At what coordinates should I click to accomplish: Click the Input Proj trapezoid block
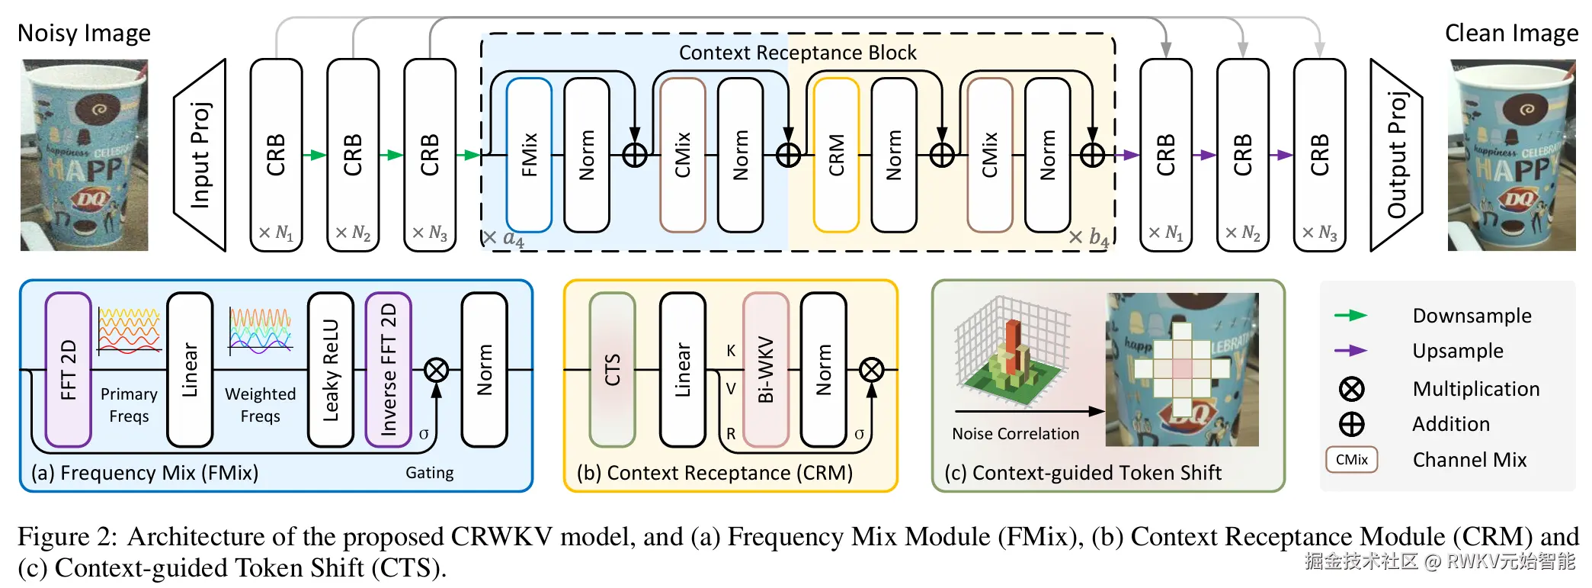coord(200,155)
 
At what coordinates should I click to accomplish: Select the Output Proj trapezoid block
coord(1396,155)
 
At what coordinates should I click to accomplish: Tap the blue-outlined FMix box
coord(529,155)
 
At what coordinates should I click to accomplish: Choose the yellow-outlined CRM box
coord(836,155)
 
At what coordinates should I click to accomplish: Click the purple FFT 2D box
coord(68,370)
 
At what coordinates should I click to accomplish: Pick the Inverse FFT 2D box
coord(388,370)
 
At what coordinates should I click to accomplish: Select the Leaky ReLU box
coord(330,370)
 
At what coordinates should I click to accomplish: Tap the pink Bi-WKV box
coord(765,370)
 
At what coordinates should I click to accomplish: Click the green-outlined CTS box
coord(612,370)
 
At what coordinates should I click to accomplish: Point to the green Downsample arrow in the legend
coord(1350,316)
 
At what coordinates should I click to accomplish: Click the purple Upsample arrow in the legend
coord(1350,351)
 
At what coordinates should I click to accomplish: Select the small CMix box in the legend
coord(1351,460)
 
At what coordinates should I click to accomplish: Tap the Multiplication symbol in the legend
coord(1351,389)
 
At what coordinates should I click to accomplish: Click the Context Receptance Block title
coord(797,53)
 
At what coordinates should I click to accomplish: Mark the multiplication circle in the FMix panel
coord(436,371)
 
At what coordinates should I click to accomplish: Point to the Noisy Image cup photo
coord(84,155)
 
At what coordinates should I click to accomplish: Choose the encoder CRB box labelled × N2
coord(353,155)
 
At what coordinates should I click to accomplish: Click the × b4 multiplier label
coord(1088,237)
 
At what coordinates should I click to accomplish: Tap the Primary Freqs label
coord(129,405)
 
